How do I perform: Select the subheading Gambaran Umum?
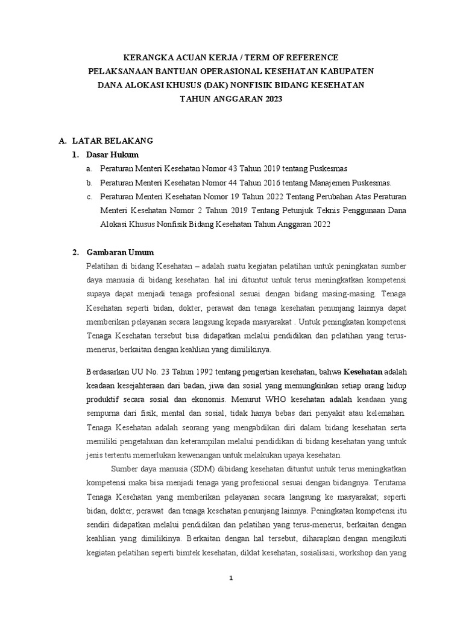click(121, 252)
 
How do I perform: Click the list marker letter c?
click(89, 197)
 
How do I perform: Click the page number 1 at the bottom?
click(231, 578)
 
